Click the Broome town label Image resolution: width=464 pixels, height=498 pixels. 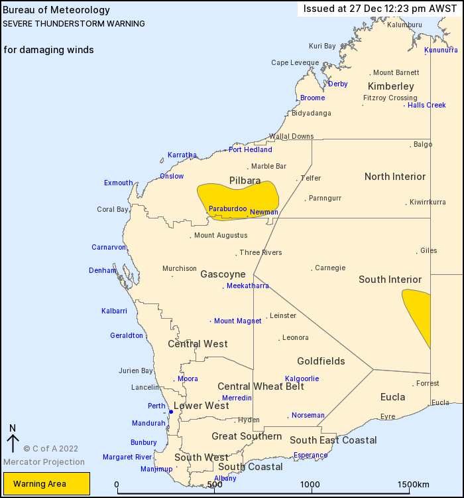[x=312, y=98]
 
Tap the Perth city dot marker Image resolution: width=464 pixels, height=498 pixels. [x=171, y=412]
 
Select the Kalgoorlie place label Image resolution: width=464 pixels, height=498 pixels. [x=302, y=378]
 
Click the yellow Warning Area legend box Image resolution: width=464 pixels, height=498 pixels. [x=46, y=483]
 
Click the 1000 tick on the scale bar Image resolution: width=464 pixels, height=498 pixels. [x=311, y=485]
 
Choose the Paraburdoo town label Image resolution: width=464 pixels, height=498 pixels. [x=227, y=208]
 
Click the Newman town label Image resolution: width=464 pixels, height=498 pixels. [x=264, y=212]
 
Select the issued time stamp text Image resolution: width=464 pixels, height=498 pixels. [x=380, y=9]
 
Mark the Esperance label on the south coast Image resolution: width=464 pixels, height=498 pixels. [x=311, y=456]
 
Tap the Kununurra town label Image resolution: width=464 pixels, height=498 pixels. [x=441, y=50]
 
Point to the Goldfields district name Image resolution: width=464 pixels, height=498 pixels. [x=321, y=361]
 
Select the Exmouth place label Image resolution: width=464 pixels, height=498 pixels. [x=118, y=183]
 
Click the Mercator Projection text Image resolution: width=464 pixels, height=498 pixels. [x=44, y=461]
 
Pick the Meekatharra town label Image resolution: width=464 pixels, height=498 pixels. [x=248, y=286]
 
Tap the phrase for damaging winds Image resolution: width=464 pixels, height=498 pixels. [x=48, y=50]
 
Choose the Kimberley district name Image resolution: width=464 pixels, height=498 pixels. [x=390, y=86]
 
